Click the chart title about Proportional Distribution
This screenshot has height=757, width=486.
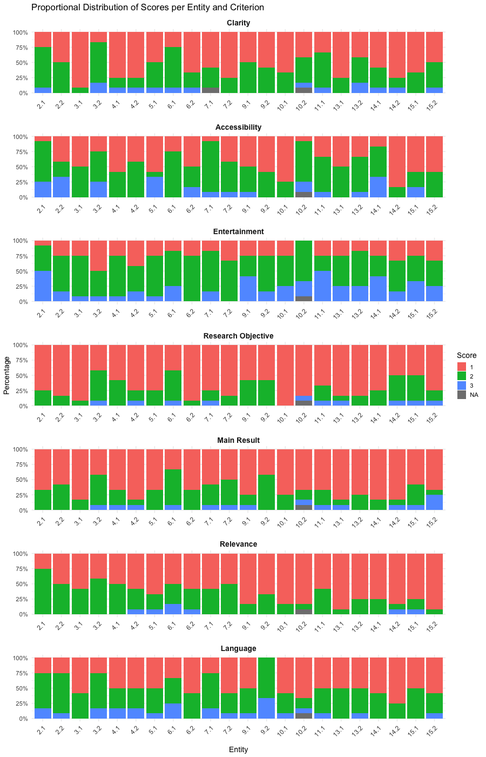147,8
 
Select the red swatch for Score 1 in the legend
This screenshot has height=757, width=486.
461,367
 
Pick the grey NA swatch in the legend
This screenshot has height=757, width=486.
461,395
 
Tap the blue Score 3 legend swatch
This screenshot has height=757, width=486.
461,386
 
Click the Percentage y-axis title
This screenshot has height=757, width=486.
6,375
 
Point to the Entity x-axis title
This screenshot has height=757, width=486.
238,749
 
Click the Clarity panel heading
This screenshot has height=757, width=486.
238,23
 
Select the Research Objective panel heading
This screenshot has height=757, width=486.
238,336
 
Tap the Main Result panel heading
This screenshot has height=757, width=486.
238,440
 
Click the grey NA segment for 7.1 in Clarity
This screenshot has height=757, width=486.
210,90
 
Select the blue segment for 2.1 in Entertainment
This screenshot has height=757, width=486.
43,286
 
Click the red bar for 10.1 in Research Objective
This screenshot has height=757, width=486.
285,375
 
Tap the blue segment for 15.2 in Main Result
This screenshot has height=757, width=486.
434,502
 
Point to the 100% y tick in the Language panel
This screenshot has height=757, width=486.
21,658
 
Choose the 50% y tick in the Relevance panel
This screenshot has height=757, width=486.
22,584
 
